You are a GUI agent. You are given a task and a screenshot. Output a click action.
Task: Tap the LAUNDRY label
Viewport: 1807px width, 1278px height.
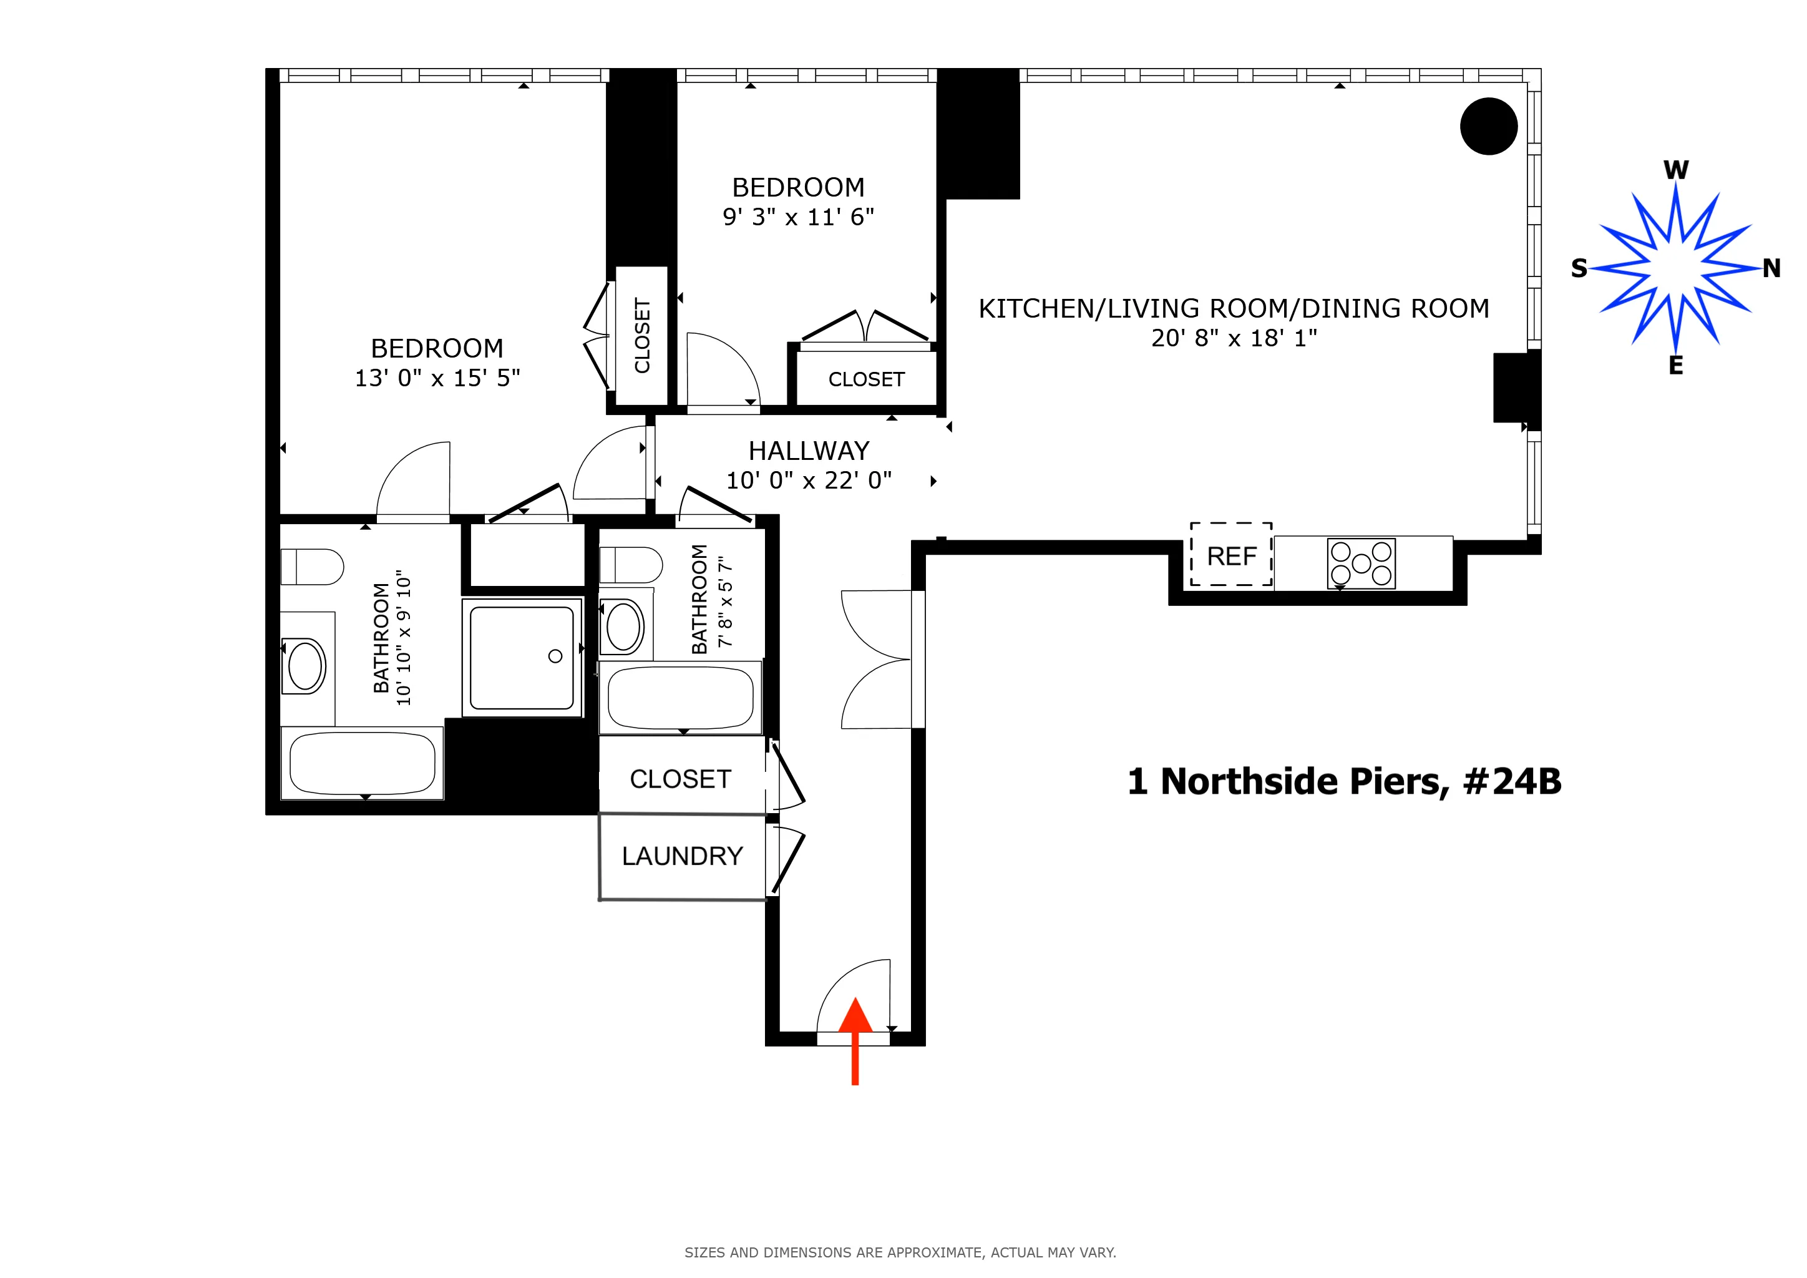click(x=683, y=856)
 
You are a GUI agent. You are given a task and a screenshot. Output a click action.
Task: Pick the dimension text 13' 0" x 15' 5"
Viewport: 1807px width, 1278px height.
click(x=437, y=379)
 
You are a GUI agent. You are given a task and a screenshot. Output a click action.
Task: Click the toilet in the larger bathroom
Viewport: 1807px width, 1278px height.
click(x=313, y=567)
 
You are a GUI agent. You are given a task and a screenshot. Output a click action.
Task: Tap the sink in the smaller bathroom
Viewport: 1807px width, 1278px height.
click(x=623, y=627)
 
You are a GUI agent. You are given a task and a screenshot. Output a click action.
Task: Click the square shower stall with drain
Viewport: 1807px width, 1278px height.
click(x=522, y=658)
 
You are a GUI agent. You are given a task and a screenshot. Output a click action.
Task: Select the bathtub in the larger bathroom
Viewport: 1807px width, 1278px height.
click(x=362, y=763)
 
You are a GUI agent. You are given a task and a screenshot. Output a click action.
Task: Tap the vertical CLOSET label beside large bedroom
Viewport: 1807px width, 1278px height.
click(x=642, y=335)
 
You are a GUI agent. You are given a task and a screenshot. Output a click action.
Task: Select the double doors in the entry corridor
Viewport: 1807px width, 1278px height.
click(x=877, y=660)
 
